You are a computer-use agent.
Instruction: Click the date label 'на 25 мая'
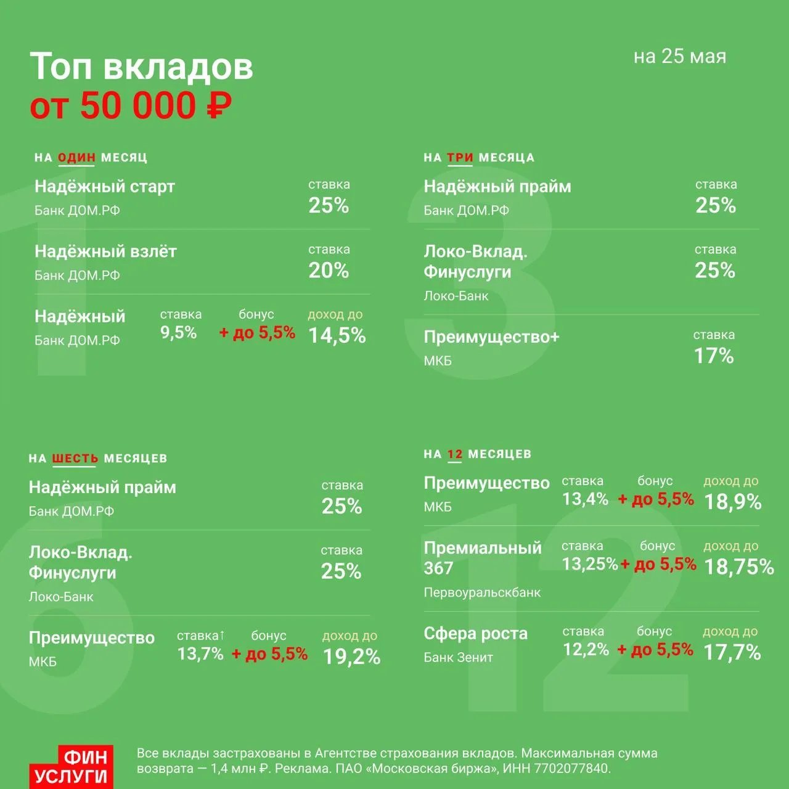[x=680, y=57]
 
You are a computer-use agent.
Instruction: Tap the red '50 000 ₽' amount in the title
[x=156, y=105]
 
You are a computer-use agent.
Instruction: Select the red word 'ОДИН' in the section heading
[x=76, y=157]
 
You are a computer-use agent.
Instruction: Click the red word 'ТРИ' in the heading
[x=460, y=157]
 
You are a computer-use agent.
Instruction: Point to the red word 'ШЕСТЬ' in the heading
[x=75, y=458]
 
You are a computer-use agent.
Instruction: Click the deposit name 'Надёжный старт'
[x=104, y=186]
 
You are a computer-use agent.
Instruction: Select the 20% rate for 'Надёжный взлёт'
[x=329, y=270]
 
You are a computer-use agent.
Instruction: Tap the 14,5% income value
[x=337, y=335]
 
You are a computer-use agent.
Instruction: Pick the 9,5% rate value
[x=179, y=332]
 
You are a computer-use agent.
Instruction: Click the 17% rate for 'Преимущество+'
[x=714, y=356]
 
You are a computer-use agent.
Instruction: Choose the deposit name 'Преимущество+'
[x=491, y=337]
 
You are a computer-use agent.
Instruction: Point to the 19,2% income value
[x=351, y=656]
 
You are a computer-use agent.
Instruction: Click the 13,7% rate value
[x=200, y=653]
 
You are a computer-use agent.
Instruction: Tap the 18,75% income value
[x=738, y=566]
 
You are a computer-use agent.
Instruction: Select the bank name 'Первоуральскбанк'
[x=482, y=592]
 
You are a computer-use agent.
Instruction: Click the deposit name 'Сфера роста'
[x=475, y=634]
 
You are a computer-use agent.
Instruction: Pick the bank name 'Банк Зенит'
[x=458, y=657]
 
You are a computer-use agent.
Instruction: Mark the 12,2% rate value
[x=586, y=649]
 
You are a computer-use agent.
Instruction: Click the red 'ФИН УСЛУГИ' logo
[x=71, y=766]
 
